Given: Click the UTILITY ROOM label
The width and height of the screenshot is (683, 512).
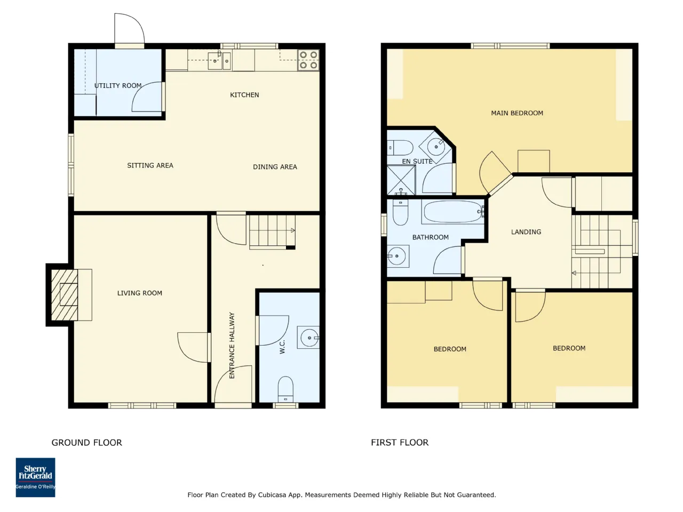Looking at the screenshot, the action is click(x=118, y=85).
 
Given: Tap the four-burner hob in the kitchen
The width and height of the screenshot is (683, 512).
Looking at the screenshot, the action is click(x=308, y=60).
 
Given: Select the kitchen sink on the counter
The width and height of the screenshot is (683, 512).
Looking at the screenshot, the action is click(x=219, y=61).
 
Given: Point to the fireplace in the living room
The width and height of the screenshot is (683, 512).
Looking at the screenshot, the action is click(x=65, y=295).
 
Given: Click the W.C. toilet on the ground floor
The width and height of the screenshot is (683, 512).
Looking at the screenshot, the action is click(x=285, y=389).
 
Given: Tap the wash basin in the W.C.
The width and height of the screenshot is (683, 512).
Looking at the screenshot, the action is click(x=308, y=337).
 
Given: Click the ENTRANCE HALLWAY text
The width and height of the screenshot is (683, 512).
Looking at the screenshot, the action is click(x=232, y=346).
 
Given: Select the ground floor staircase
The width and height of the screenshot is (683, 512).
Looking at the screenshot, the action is click(x=272, y=232).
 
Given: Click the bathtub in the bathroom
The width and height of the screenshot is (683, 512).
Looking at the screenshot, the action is click(x=452, y=212).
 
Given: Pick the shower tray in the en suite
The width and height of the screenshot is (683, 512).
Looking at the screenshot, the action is click(x=401, y=180).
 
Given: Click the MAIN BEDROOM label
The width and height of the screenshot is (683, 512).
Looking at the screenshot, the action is click(x=517, y=113).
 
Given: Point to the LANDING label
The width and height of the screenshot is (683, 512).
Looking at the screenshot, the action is click(x=526, y=232).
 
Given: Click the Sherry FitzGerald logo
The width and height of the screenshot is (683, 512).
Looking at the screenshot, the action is click(x=35, y=477).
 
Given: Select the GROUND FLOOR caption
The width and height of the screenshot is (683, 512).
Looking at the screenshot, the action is click(x=87, y=442).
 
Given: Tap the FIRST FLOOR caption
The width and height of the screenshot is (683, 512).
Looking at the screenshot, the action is click(x=400, y=442).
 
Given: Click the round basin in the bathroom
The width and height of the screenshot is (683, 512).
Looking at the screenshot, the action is click(x=398, y=256).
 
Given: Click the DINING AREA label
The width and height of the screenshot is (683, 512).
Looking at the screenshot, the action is click(x=275, y=167).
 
